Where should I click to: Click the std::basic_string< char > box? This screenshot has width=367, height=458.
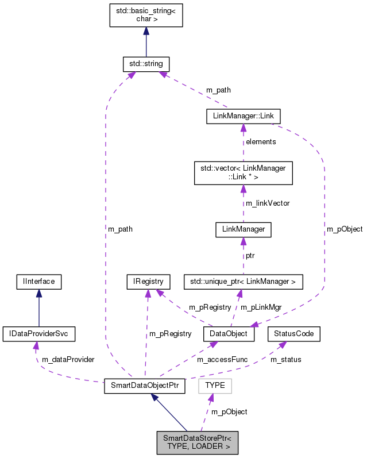click(146, 14)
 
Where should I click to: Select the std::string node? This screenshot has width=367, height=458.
click(146, 63)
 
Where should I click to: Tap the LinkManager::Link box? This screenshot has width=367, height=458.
click(243, 116)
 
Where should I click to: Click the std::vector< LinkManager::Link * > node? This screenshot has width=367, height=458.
click(244, 172)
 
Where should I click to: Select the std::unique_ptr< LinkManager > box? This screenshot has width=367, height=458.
click(243, 282)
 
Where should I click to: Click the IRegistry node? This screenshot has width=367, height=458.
click(148, 282)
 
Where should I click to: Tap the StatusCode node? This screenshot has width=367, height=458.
click(294, 333)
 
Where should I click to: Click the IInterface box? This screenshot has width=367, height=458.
click(38, 282)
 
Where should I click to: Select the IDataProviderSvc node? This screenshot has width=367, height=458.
click(38, 333)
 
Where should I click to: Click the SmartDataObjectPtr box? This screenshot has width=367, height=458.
click(144, 386)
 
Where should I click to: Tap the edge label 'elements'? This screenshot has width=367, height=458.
click(261, 141)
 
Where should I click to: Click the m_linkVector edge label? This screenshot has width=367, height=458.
click(267, 203)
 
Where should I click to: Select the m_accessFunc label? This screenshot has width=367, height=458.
click(222, 359)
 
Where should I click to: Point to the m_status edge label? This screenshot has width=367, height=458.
click(285, 359)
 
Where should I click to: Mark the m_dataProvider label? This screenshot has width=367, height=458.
click(68, 359)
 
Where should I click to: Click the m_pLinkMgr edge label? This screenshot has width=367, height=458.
click(261, 307)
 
